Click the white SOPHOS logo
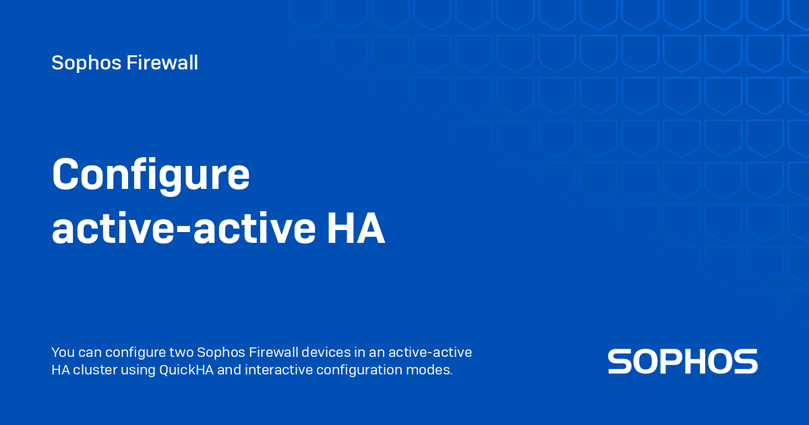(682, 362)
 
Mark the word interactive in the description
(278, 370)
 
